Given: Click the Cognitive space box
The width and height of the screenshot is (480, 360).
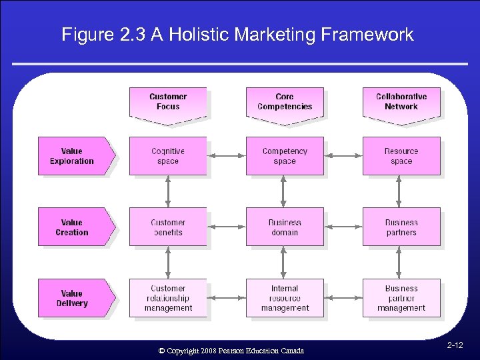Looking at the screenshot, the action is point(168,156).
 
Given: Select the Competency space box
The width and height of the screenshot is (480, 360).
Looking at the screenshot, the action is point(285,156).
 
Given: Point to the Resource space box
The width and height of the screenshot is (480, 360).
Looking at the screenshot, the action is point(401,156).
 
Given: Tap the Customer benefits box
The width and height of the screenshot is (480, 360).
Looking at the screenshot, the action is point(168,227).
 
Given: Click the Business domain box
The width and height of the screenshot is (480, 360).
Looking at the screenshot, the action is point(285,227).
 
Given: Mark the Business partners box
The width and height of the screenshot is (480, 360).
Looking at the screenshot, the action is point(401,227).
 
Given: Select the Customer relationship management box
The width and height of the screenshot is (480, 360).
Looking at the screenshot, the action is point(168,298).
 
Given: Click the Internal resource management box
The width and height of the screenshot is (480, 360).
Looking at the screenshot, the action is point(285,298).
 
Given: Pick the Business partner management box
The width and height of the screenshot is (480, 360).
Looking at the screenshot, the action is point(401,298).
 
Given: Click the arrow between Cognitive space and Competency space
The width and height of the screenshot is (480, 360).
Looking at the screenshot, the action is point(227,156).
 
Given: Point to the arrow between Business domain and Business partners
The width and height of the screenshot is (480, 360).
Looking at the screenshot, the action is point(343,227).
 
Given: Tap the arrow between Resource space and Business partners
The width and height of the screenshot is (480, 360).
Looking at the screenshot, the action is point(399,192).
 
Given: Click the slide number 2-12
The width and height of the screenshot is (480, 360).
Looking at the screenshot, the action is point(455,345).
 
